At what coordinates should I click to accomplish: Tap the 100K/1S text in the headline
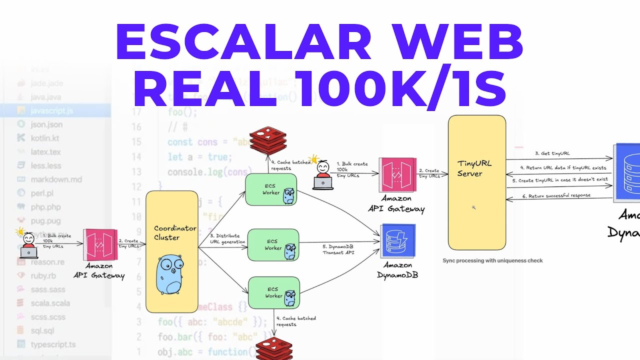[x=400, y=89]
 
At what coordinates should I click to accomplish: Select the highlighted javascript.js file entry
[x=51, y=110]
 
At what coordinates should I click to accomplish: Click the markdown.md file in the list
[x=56, y=179]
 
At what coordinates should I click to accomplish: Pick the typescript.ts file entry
[x=53, y=344]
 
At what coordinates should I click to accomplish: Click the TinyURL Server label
[x=469, y=168]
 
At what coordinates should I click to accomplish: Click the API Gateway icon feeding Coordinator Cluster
[x=100, y=245]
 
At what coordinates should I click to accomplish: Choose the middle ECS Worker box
[x=273, y=245]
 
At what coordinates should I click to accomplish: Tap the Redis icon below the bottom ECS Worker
[x=273, y=349]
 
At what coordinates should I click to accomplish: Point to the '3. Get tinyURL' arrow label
[x=552, y=153]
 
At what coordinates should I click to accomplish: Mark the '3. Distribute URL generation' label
[x=227, y=238]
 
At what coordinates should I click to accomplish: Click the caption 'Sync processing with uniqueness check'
[x=492, y=260]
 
